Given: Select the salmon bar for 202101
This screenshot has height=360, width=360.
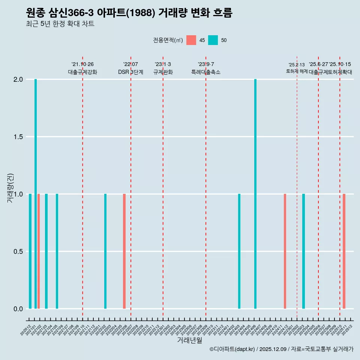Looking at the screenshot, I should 39,251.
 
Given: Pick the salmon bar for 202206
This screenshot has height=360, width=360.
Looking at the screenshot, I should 124,251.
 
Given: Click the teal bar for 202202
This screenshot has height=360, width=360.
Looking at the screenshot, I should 105,251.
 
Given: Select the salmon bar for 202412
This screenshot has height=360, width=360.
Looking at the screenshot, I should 285,251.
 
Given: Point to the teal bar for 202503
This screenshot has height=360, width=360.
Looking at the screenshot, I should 303,251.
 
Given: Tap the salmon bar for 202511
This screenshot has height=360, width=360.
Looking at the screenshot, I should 344,251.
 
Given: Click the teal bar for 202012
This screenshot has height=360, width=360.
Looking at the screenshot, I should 30,251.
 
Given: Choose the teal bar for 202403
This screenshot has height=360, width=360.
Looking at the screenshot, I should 239,251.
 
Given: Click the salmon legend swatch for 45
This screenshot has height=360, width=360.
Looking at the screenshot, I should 191,40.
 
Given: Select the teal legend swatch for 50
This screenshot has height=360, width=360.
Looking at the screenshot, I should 213,40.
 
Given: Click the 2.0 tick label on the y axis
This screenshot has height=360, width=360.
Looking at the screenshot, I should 18,79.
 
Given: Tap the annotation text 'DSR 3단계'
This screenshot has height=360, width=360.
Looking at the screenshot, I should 130,72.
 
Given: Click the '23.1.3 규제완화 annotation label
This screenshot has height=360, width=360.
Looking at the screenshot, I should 163,68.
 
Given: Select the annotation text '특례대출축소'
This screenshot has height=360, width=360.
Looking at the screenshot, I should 205,72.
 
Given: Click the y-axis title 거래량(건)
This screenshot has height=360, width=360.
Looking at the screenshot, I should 10,188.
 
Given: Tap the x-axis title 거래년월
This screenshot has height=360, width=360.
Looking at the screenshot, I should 189,340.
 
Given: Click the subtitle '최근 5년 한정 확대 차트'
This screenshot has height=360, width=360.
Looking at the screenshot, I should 60,24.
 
